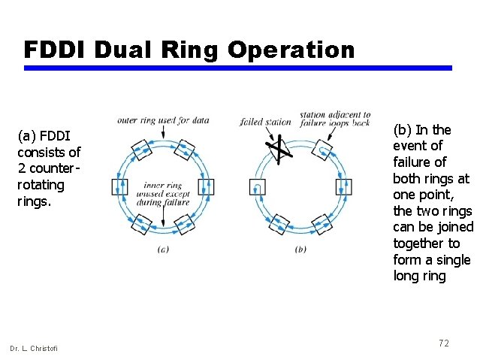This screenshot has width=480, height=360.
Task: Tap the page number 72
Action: (x=443, y=343)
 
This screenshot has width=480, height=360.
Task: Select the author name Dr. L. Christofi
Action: (x=33, y=347)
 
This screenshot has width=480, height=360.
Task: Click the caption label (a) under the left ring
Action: (x=163, y=250)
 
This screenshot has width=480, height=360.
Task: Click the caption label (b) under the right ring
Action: (x=301, y=250)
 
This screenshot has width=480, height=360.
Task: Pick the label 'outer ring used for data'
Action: (x=163, y=120)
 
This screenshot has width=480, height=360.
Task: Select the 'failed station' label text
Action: (x=265, y=122)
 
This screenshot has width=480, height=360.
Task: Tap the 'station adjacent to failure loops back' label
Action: (x=335, y=119)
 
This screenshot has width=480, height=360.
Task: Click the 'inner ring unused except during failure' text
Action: (x=163, y=194)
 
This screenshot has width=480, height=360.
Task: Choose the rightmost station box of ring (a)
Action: (x=206, y=186)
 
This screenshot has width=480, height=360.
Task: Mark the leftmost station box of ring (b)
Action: (x=258, y=186)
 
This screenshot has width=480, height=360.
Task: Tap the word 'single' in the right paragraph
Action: (x=453, y=260)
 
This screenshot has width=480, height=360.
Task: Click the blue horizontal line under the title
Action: (x=238, y=68)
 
